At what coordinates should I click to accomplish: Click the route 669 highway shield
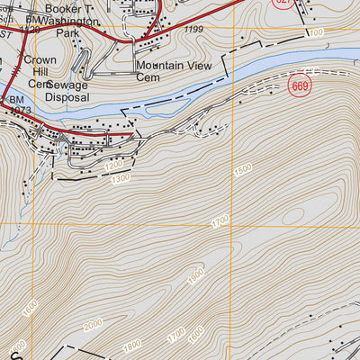[x=300, y=85]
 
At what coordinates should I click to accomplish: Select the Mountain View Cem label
[x=168, y=71]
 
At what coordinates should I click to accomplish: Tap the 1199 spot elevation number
[x=192, y=31]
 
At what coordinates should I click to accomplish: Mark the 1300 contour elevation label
[x=119, y=178]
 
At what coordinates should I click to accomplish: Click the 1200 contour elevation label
[x=112, y=166]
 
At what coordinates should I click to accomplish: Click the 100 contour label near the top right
[x=314, y=32]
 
